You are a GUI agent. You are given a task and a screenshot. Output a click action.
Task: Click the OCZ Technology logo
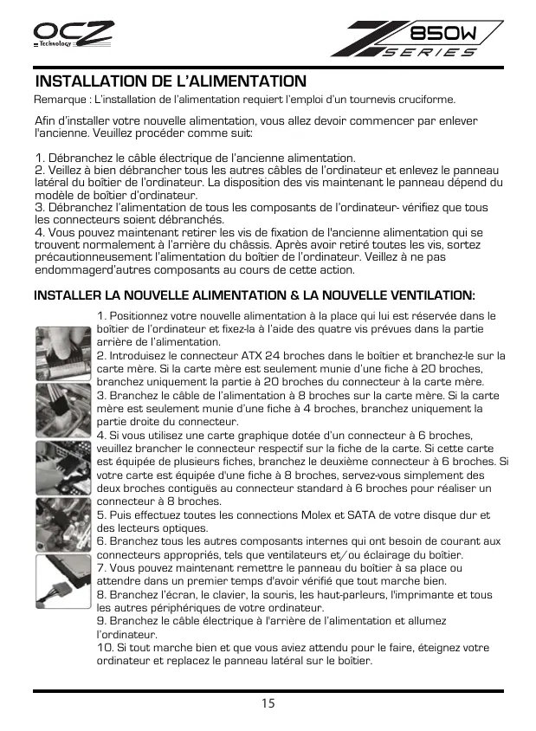[x=74, y=36]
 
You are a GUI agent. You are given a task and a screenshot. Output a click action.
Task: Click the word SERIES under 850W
[x=430, y=52]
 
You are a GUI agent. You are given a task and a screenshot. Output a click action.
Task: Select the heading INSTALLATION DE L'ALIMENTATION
[x=171, y=81]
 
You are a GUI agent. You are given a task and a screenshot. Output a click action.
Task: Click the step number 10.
[x=105, y=648]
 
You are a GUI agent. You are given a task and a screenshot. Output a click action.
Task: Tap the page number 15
[x=268, y=703]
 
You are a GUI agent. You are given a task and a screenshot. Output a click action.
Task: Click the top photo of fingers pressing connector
[x=60, y=353]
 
